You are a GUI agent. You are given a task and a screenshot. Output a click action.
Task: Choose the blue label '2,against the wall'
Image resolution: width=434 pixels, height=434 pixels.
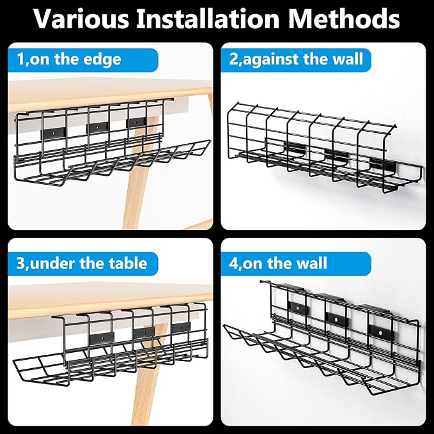[x=295, y=60]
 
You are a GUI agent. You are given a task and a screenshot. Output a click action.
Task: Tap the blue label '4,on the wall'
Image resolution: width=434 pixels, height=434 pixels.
[x=279, y=263]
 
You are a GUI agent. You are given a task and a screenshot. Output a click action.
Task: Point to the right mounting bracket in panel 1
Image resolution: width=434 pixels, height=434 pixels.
[x=136, y=121]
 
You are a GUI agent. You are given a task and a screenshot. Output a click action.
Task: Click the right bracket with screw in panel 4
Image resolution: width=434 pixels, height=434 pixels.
[x=382, y=332]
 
